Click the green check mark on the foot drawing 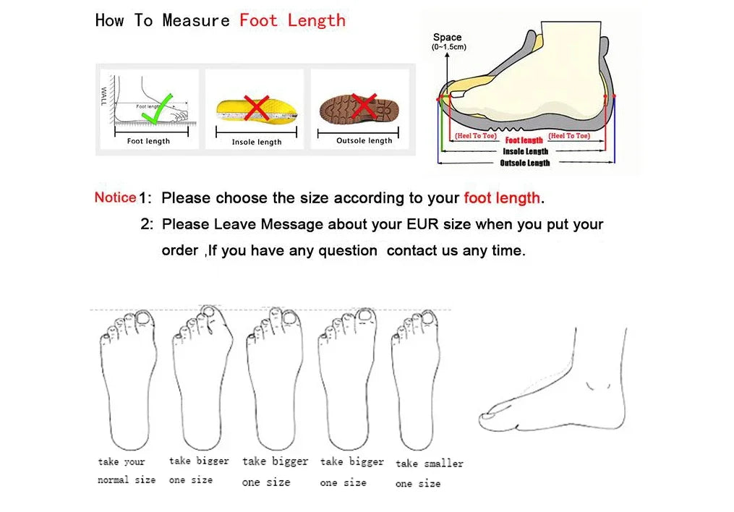point(156,108)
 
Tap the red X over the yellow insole point(256,108)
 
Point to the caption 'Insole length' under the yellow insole point(257,142)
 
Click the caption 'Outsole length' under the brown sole point(364,141)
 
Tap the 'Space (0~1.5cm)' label point(448,42)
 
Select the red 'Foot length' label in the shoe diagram point(524,140)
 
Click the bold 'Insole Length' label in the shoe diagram point(526,151)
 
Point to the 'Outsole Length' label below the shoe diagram point(525,163)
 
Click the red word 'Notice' point(115,197)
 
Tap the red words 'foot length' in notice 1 point(502,198)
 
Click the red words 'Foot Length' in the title point(292,20)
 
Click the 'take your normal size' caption point(126,471)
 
